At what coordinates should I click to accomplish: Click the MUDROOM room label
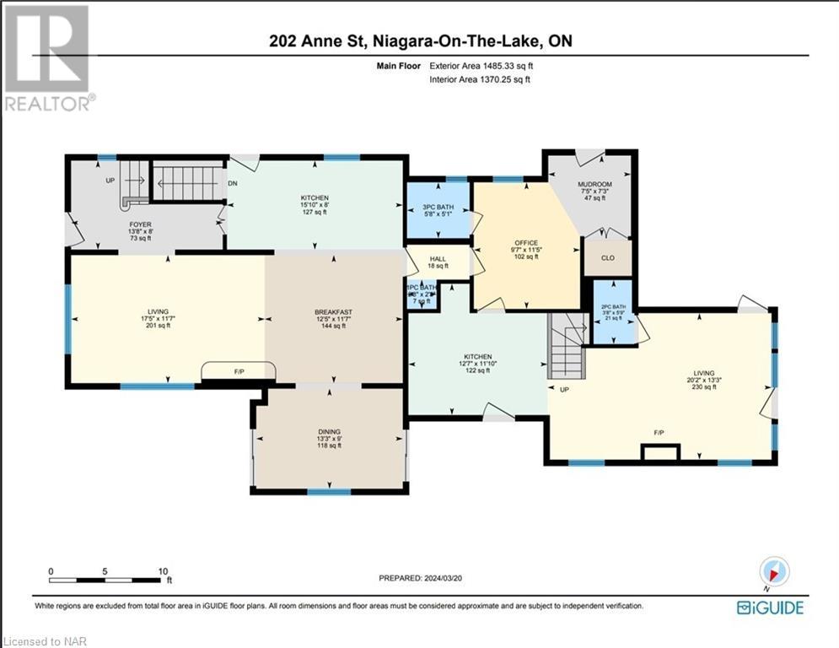(x=594, y=184)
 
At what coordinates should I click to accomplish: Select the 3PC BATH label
(x=438, y=207)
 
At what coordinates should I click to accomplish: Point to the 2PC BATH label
(x=612, y=306)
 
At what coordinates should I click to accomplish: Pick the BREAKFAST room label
(x=333, y=312)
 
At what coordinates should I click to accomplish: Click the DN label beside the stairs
(x=231, y=183)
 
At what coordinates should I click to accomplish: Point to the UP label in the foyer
(x=110, y=181)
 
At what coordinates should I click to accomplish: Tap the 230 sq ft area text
(x=704, y=386)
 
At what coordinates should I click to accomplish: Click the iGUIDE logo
(x=769, y=607)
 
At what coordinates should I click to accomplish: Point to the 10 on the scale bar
(x=163, y=571)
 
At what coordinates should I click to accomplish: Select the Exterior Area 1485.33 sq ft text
(x=481, y=65)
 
